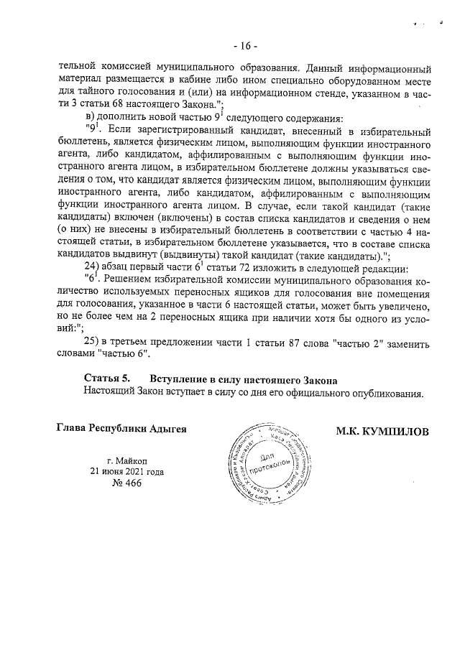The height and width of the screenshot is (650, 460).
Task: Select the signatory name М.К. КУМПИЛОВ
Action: tap(382, 431)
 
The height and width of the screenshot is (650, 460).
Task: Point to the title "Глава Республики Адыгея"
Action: tap(121, 429)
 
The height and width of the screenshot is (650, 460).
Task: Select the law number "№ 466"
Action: tap(126, 483)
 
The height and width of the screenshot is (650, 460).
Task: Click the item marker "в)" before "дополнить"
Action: tap(91, 118)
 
